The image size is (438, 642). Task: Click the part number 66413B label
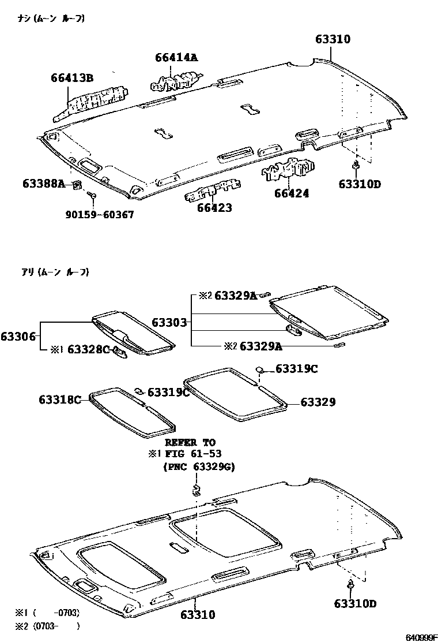(72, 79)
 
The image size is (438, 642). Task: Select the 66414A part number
(176, 57)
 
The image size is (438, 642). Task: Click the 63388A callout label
(44, 184)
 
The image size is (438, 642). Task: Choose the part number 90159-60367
(100, 215)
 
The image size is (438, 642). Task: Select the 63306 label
(18, 336)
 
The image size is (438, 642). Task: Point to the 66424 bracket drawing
(288, 169)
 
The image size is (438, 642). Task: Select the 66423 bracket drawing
(213, 191)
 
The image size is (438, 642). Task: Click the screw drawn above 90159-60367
(92, 197)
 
